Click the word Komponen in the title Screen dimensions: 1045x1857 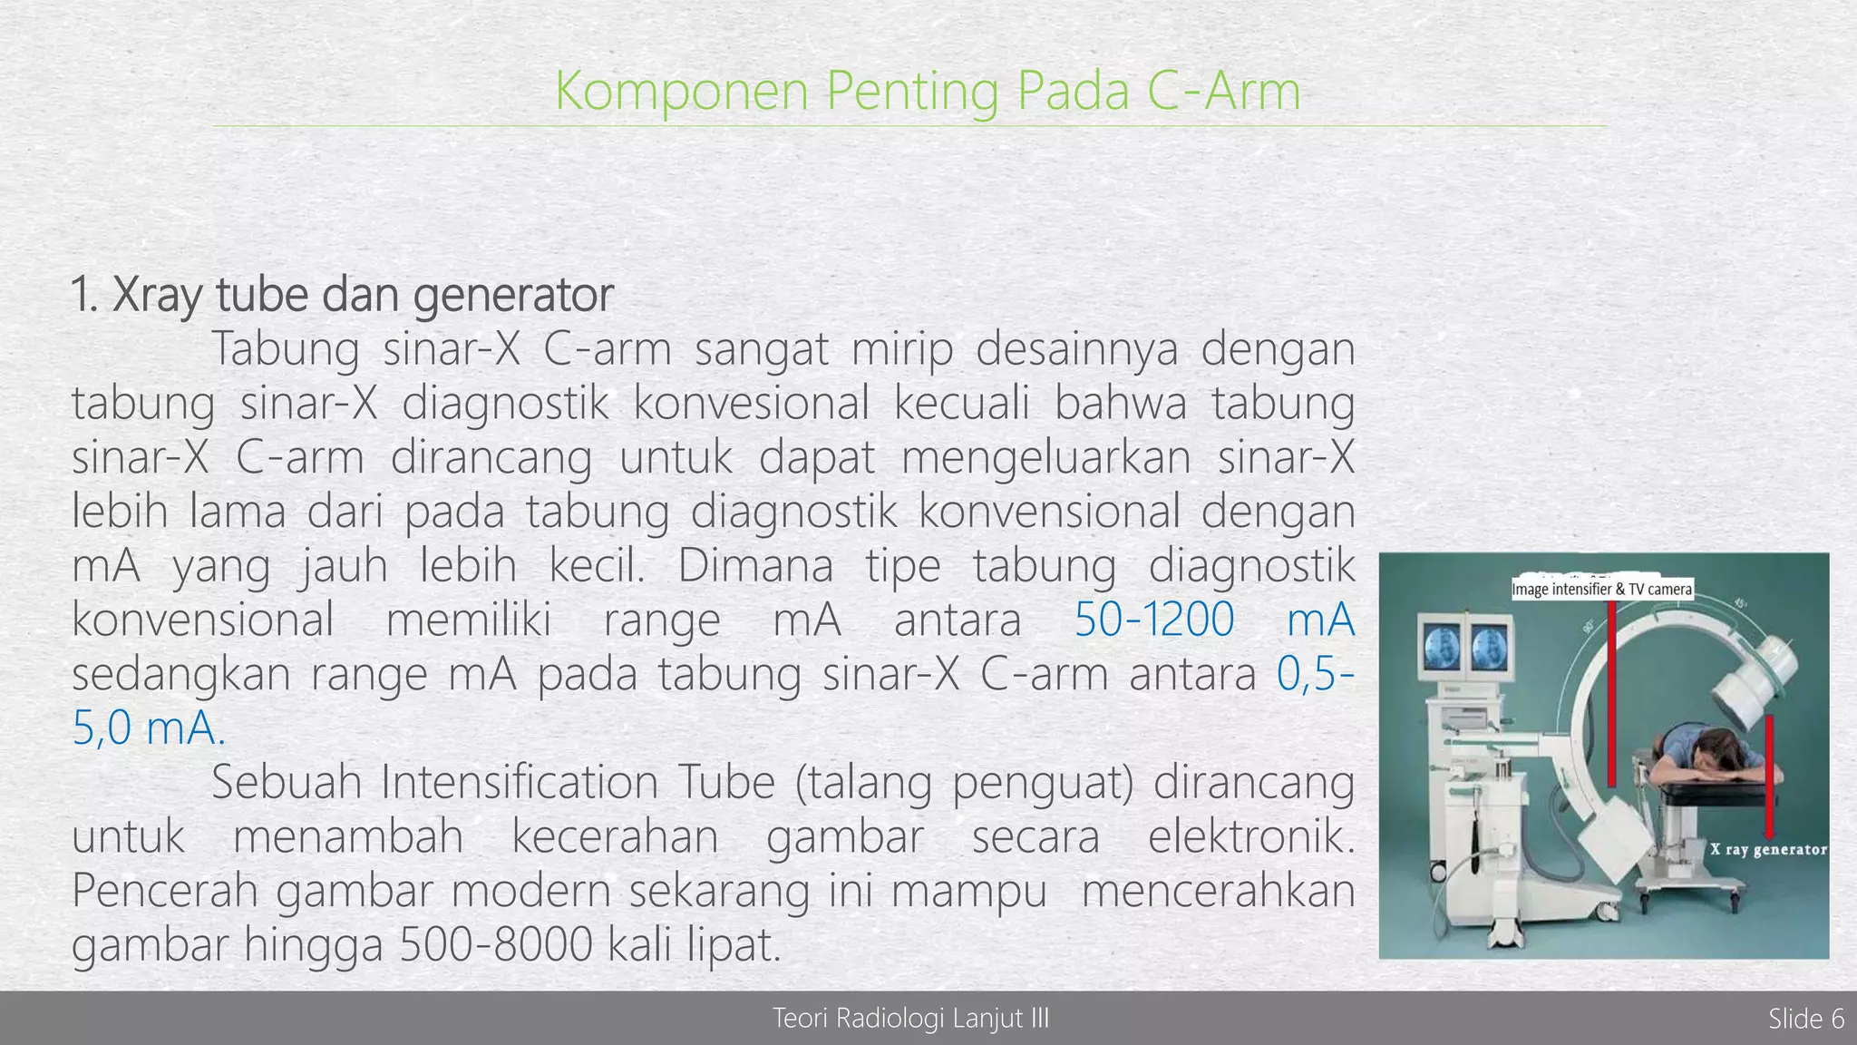[681, 92]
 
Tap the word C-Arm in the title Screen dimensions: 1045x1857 [1223, 92]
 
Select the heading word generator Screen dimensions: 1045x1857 [513, 295]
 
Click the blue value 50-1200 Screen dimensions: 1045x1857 [1153, 620]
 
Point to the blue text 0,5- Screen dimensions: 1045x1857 [1315, 675]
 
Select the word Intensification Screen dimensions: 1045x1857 [520, 782]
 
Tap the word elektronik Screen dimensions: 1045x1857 [1250, 836]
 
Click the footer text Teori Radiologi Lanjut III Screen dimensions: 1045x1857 [910, 1019]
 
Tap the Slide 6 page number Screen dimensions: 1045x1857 [1805, 1019]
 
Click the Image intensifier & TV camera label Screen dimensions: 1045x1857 [1601, 590]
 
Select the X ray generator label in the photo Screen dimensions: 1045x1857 [1768, 850]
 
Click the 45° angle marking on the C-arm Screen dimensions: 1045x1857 [1740, 604]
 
